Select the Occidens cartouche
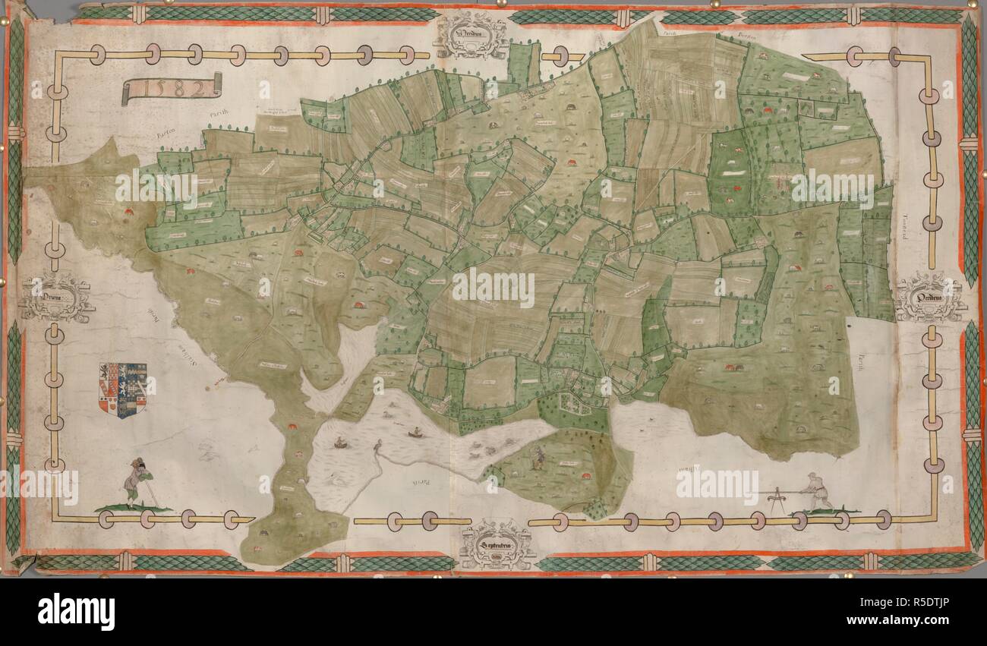point(930,297)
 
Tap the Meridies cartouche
point(471,35)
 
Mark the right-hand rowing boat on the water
point(415,434)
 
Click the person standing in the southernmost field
point(538,457)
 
